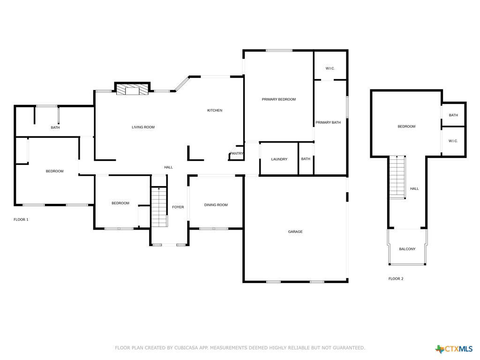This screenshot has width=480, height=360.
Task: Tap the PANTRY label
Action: tap(237, 153)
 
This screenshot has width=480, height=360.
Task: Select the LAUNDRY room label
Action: tap(279, 159)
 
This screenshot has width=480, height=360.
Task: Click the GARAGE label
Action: tap(295, 232)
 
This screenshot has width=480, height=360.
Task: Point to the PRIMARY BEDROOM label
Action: tap(279, 99)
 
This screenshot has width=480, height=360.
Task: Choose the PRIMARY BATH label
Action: tap(328, 123)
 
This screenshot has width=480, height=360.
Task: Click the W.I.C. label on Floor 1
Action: tap(330, 68)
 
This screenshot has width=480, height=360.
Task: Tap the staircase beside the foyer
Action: tap(159, 207)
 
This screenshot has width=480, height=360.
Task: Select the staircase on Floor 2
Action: tap(397, 177)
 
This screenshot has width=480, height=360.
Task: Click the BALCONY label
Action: tap(407, 249)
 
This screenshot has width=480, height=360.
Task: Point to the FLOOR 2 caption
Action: tap(396, 279)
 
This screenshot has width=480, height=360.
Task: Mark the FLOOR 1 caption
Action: tap(21, 219)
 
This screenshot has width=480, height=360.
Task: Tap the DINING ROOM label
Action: tap(216, 205)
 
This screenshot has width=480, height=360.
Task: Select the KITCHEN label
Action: tap(215, 111)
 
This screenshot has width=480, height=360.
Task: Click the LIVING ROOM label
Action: tap(143, 127)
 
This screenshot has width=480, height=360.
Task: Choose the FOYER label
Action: tap(178, 207)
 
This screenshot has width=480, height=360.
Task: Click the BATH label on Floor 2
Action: tap(453, 115)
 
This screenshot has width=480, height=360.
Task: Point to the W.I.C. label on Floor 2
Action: tap(453, 141)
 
